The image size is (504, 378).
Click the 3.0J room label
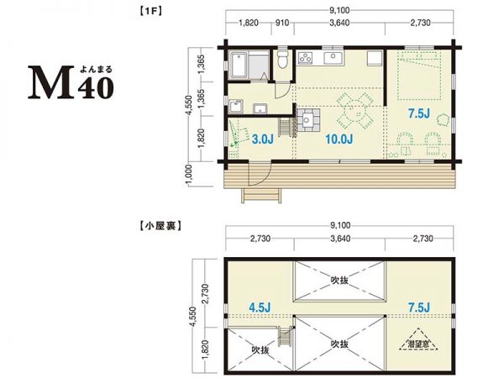[x=262, y=139]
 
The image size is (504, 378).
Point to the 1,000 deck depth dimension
[x=192, y=175]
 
